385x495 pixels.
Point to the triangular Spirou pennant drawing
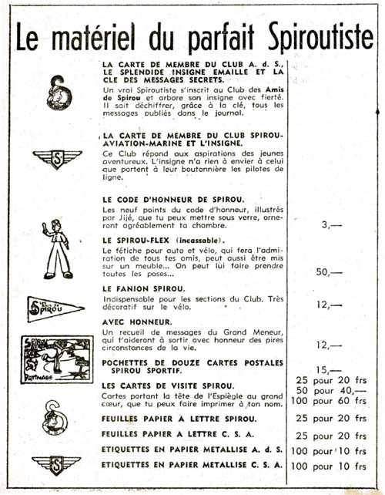pyautogui.click(x=55, y=308)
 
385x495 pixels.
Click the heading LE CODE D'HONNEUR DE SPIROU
pyautogui.click(x=174, y=200)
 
